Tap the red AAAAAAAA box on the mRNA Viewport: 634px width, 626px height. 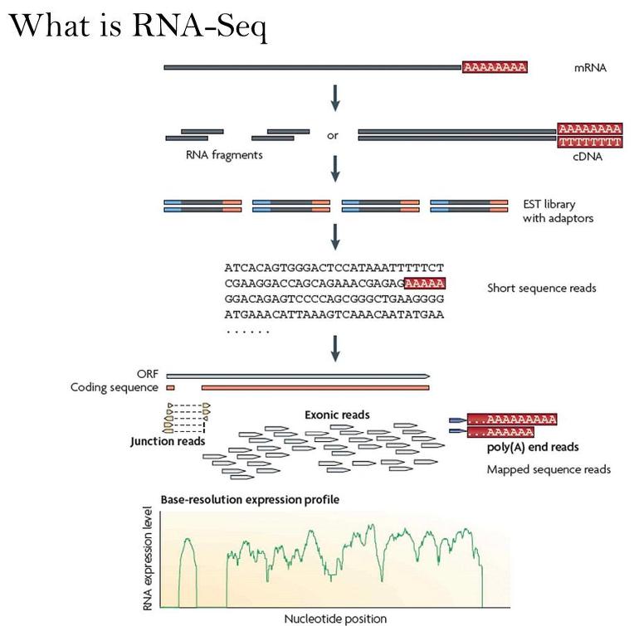point(495,67)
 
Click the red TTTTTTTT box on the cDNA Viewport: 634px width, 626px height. point(590,142)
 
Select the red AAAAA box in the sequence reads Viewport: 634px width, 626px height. point(425,284)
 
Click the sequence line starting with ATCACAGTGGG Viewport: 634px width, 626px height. point(334,269)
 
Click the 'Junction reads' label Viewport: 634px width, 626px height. point(165,442)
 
